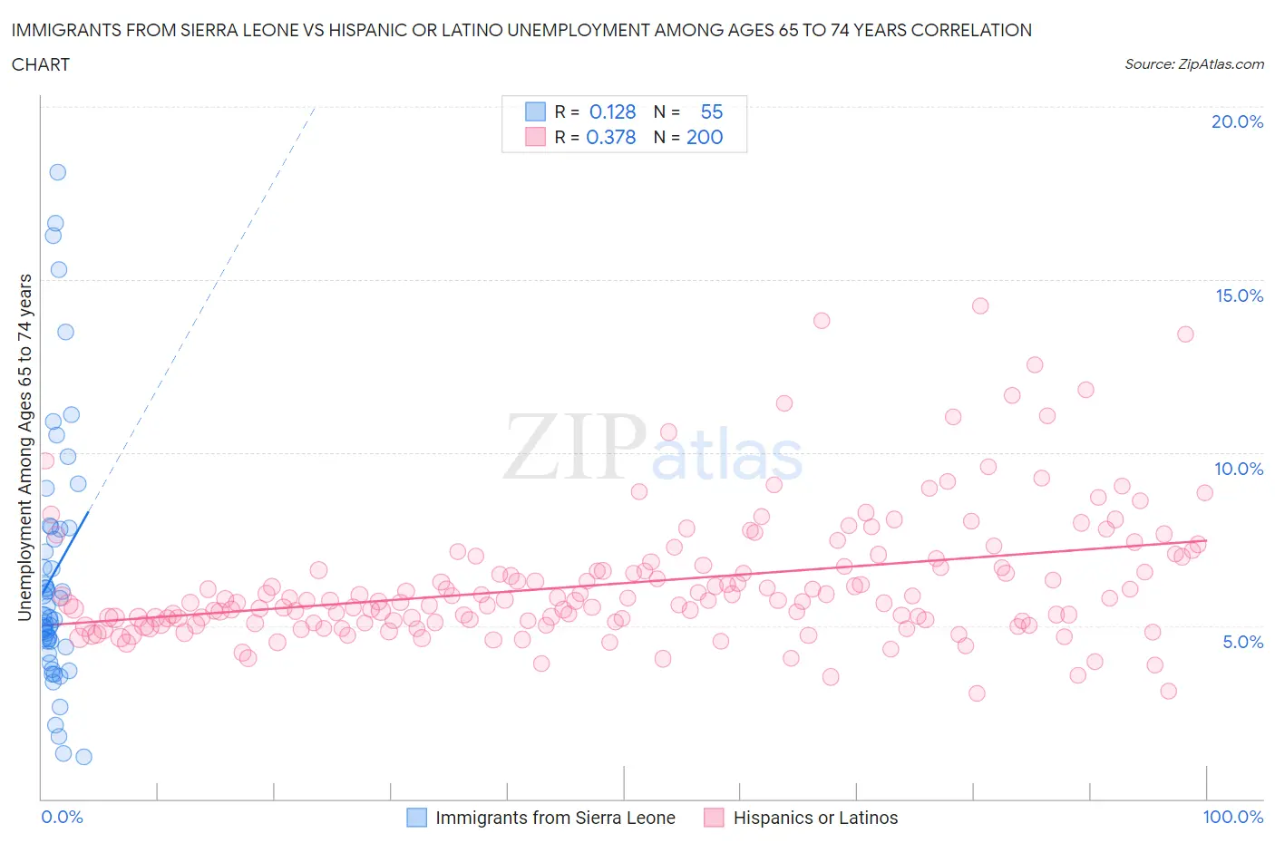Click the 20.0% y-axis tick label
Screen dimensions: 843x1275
click(x=1237, y=121)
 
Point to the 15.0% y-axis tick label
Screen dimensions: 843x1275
click(x=1239, y=296)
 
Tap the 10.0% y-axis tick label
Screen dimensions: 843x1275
click(x=1239, y=469)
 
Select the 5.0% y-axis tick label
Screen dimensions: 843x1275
click(x=1242, y=642)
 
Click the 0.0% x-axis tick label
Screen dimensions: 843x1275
click(x=62, y=817)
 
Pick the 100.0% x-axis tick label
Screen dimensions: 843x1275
click(x=1232, y=817)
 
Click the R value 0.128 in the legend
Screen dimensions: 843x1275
click(x=612, y=111)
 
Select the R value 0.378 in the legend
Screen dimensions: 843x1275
click(x=610, y=137)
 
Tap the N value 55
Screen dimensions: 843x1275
click(x=712, y=111)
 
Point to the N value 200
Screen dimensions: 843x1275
click(x=705, y=137)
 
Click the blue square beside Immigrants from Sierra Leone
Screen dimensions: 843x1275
click(x=416, y=818)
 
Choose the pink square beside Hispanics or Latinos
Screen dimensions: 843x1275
click(x=714, y=818)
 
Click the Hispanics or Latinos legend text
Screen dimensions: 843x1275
click(x=815, y=818)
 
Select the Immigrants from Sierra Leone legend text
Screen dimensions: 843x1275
click(x=555, y=818)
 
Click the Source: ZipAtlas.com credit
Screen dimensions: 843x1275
click(x=1193, y=63)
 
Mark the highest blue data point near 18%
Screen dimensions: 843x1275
click(x=57, y=172)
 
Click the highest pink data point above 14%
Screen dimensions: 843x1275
click(x=980, y=305)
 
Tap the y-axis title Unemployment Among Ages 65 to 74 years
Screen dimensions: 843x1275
click(x=24, y=447)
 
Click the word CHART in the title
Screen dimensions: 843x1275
click(x=41, y=64)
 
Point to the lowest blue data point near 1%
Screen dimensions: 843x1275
click(x=83, y=757)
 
